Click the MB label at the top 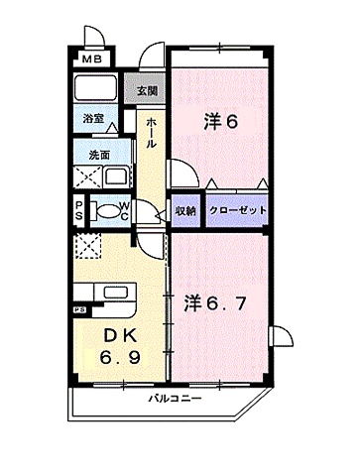tap(92, 59)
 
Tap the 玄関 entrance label tap(147, 91)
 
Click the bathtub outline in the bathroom tap(97, 91)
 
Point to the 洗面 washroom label tap(98, 155)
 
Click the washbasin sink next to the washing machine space tap(116, 178)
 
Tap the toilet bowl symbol tap(105, 210)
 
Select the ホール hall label tap(150, 132)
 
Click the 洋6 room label tap(220, 123)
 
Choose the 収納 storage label tap(184, 210)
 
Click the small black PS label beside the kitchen tap(76, 309)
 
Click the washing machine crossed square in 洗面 tap(85, 179)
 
